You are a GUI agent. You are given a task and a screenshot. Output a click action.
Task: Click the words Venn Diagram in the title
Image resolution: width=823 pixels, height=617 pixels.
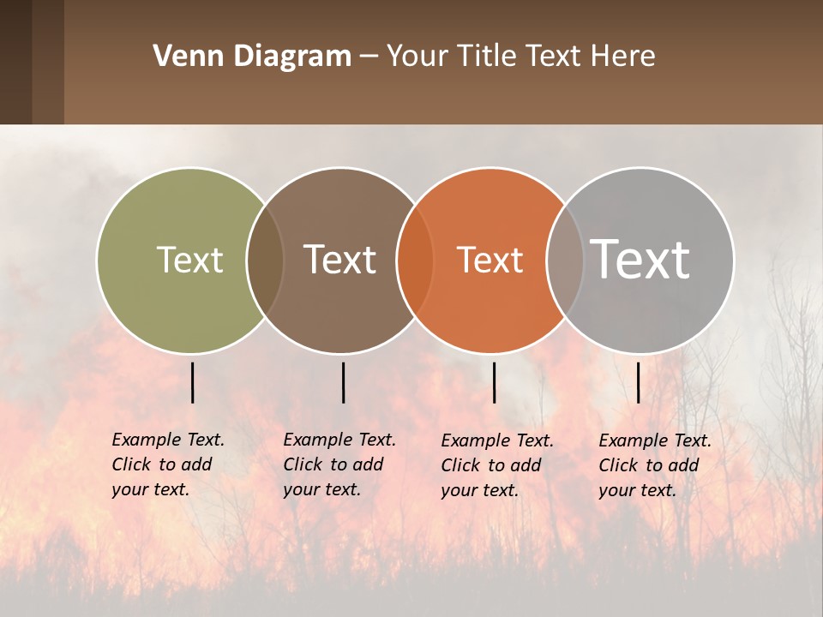click(252, 57)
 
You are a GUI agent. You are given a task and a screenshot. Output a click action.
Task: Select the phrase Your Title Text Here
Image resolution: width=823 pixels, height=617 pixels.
click(520, 57)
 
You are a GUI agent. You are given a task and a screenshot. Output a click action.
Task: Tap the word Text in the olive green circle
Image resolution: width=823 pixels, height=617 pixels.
click(189, 260)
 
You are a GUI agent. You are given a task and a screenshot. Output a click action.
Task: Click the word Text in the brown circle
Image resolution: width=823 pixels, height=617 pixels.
click(340, 260)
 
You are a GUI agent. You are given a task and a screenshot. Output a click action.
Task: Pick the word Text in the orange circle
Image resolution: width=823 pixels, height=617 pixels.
click(490, 260)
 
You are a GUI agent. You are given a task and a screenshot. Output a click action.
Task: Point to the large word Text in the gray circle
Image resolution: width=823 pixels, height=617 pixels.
click(640, 259)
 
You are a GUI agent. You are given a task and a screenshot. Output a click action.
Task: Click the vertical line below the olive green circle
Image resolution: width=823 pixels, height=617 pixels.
click(192, 382)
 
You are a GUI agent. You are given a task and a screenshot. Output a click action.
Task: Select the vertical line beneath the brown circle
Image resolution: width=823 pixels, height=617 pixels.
click(343, 382)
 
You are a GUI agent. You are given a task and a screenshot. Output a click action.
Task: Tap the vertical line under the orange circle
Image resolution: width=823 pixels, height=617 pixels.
click(494, 382)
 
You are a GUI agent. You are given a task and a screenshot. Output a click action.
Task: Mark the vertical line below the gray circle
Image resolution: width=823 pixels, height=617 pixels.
click(638, 382)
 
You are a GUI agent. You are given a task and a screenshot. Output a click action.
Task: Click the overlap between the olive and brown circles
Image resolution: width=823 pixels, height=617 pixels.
click(265, 260)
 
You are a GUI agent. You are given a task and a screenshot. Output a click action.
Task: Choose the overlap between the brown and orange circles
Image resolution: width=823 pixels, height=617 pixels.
click(416, 260)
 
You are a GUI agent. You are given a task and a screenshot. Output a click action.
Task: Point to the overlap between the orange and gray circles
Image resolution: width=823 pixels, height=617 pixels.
click(565, 260)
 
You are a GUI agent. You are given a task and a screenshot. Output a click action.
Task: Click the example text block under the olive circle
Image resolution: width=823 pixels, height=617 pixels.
click(168, 464)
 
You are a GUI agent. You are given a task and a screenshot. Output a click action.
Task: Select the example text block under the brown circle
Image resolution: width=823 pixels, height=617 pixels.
click(339, 464)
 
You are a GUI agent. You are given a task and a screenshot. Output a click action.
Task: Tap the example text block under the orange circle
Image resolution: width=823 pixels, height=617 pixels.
click(497, 465)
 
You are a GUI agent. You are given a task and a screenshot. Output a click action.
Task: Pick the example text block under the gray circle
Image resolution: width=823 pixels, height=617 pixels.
click(655, 465)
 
